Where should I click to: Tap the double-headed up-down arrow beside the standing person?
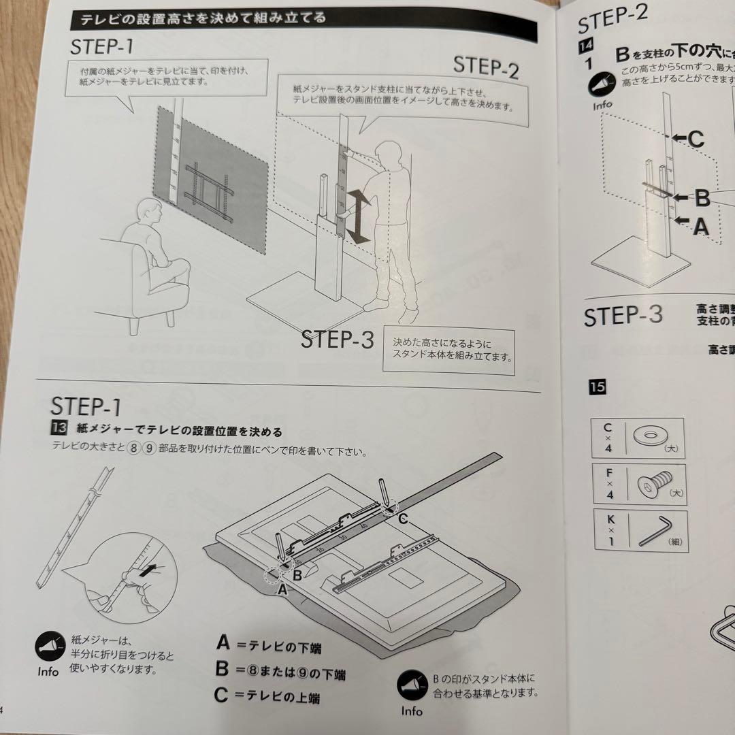(x=359, y=216)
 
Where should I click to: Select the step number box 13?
(x=58, y=430)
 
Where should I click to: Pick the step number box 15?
(x=597, y=387)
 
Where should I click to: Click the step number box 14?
(x=586, y=47)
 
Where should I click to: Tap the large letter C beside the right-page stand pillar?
(x=696, y=139)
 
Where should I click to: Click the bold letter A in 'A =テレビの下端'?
(x=223, y=642)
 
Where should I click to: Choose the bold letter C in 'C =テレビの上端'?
(x=221, y=695)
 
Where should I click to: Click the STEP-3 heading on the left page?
(x=338, y=340)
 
